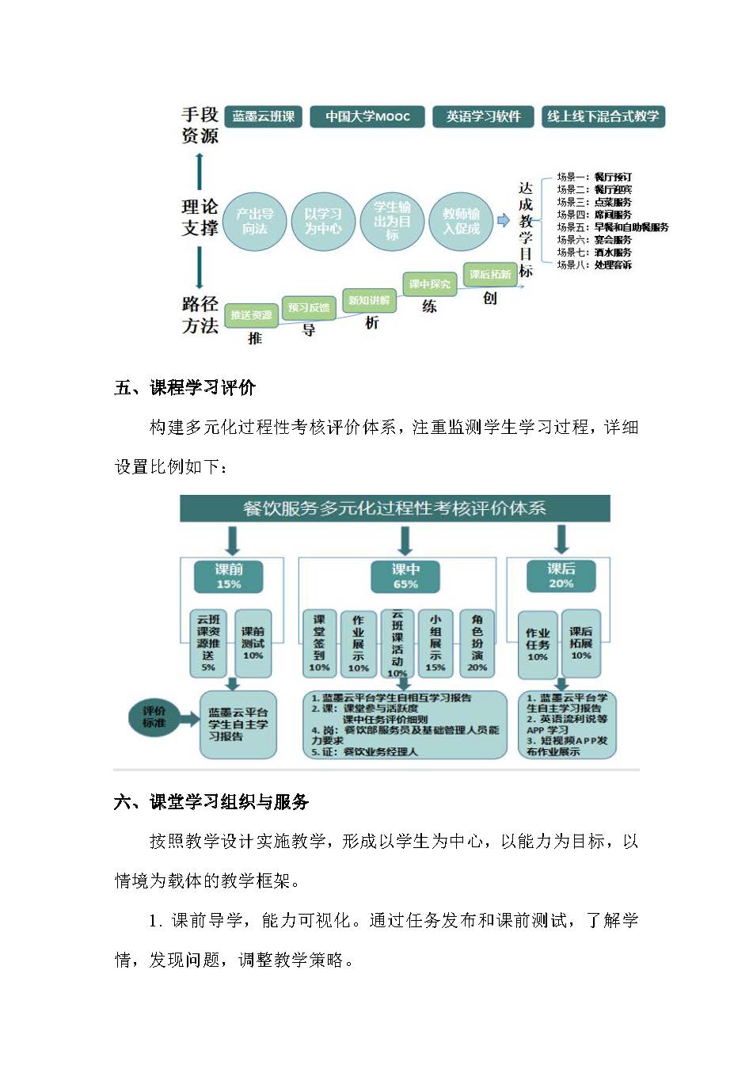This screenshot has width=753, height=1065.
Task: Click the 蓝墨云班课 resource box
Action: point(264,116)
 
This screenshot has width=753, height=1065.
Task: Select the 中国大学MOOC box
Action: point(367,116)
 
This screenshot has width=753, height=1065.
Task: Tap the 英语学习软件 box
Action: point(483,116)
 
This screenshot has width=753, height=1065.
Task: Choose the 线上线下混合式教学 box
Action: point(603,116)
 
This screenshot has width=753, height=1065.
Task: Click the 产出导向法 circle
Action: point(255,222)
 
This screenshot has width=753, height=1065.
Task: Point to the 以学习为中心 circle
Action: point(323,222)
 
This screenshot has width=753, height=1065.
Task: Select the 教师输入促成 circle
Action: point(461,222)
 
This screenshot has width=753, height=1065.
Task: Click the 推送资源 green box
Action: point(251,315)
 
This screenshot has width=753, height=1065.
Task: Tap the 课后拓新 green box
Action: point(490,274)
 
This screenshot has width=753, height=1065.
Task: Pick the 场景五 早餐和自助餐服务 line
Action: point(612,227)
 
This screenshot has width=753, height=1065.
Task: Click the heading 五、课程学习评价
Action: point(185,388)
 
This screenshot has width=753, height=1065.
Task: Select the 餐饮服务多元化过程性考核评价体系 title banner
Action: point(394,508)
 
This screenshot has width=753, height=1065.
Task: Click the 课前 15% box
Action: point(229,576)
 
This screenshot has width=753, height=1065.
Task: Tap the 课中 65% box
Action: point(405,576)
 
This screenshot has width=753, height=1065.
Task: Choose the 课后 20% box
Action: point(561,576)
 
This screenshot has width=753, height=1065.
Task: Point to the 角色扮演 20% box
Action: point(477,643)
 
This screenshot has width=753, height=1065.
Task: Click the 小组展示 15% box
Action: point(435,643)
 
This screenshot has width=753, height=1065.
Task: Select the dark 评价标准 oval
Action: point(154,717)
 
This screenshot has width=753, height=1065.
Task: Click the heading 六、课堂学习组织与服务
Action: point(211,802)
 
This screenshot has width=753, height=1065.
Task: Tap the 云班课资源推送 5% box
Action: point(208,643)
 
